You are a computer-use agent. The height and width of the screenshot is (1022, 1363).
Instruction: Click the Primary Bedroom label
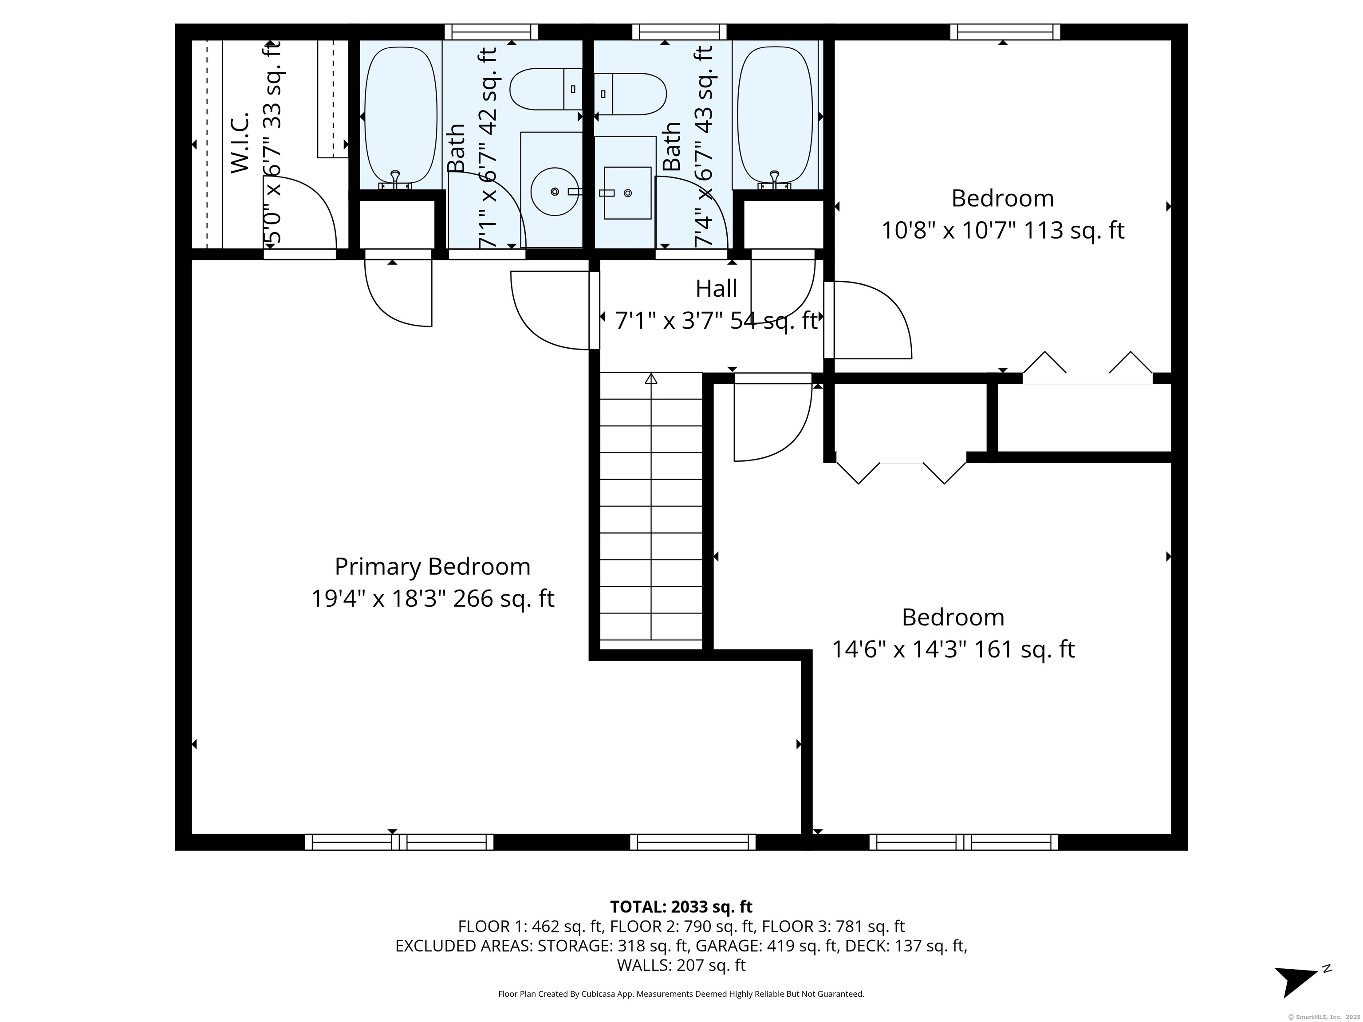pos(432,567)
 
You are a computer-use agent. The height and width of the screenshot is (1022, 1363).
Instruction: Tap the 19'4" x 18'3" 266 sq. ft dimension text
pos(433,599)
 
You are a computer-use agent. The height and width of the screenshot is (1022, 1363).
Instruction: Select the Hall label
pos(716,288)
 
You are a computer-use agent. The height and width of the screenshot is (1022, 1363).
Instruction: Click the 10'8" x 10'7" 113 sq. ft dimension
pos(1003,230)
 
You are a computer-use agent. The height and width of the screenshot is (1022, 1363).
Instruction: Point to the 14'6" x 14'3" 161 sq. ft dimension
pos(953,649)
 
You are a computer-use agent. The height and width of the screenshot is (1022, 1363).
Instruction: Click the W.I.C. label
pos(239,142)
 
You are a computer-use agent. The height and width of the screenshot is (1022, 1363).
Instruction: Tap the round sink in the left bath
pos(555,192)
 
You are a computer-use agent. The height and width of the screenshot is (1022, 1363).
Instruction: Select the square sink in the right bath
pos(627,193)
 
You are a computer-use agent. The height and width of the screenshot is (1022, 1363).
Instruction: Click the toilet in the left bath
pos(546,89)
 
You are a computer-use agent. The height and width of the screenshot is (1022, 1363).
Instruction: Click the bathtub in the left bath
pos(401,116)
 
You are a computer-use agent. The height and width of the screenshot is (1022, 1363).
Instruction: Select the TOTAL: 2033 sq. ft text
pos(681,907)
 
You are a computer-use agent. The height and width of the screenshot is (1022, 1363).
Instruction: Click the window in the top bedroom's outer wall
pos(1005,31)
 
